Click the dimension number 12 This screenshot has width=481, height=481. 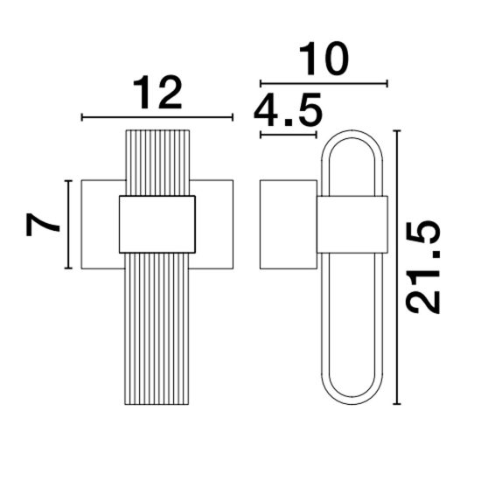(x=157, y=94)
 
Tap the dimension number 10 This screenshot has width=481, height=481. (x=324, y=59)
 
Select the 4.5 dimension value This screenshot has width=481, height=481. (x=288, y=110)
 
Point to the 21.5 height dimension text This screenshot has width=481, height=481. (x=423, y=267)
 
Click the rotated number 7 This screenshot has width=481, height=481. (x=42, y=225)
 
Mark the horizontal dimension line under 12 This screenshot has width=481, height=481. (x=157, y=117)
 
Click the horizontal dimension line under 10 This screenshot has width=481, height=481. (x=324, y=83)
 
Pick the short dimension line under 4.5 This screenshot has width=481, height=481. (x=288, y=135)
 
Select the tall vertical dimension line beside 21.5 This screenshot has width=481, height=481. (x=397, y=268)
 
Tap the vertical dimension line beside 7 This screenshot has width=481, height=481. (x=68, y=224)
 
